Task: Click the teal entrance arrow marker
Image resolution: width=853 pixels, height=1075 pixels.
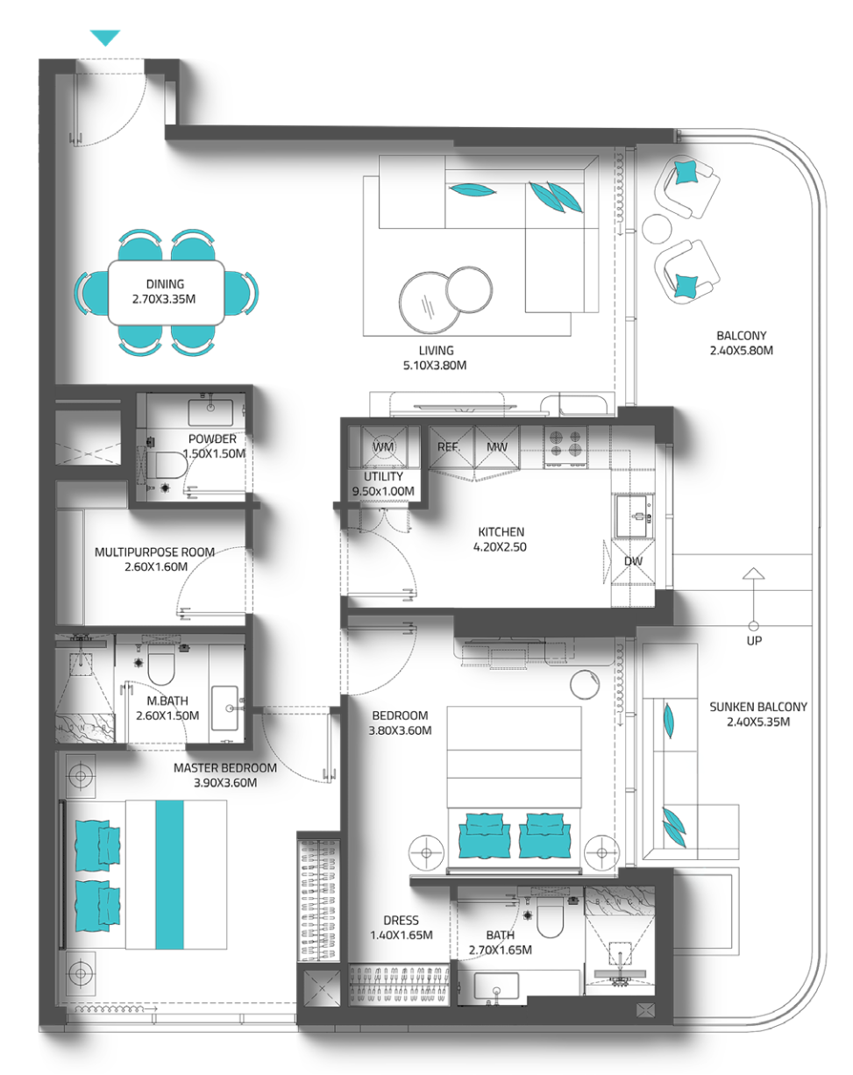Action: [105, 38]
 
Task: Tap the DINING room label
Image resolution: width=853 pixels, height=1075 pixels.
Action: [165, 284]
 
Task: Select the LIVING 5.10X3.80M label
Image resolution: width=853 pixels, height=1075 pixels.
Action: [436, 358]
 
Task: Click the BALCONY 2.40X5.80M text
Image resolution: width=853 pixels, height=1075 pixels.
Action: [741, 343]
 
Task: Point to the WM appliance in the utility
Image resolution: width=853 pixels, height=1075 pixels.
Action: [384, 446]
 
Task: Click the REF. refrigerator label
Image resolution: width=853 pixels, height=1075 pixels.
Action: [449, 447]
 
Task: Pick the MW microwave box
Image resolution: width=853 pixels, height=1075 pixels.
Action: [497, 447]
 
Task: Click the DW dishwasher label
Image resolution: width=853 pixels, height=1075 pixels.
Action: [633, 561]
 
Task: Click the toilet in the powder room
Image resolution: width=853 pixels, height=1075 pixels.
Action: [169, 466]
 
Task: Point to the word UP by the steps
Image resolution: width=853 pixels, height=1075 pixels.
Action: [754, 640]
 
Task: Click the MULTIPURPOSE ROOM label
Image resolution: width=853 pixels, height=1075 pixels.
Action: [154, 552]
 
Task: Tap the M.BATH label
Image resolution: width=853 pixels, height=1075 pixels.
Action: [167, 701]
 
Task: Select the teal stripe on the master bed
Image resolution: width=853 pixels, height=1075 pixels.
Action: [170, 874]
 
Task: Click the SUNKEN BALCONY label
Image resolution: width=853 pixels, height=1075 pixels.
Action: [758, 707]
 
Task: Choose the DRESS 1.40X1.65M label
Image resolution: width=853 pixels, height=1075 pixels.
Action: [401, 928]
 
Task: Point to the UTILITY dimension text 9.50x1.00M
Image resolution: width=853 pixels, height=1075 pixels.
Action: [383, 491]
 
